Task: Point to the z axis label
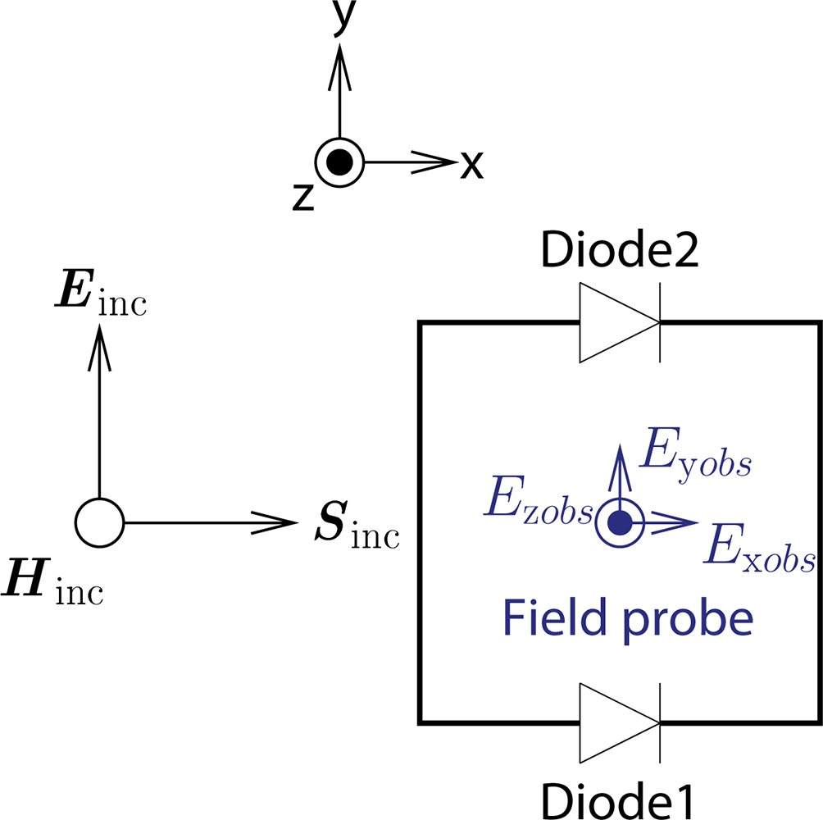coord(302,197)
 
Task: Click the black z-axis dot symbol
coord(339,162)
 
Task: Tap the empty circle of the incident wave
coord(99,522)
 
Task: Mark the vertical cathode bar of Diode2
coord(660,323)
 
